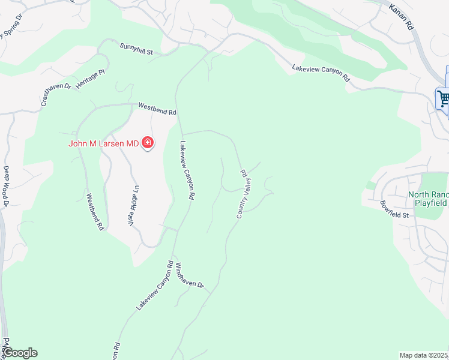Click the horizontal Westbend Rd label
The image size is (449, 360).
pyautogui.click(x=157, y=108)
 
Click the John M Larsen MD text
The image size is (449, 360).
pyautogui.click(x=103, y=143)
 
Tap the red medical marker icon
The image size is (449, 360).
pyautogui.click(x=148, y=143)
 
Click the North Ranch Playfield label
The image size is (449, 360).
pyautogui.click(x=428, y=199)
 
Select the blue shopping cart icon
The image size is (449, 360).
pyautogui.click(x=444, y=98)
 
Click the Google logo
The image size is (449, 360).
pyautogui.click(x=20, y=353)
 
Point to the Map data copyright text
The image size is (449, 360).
pyautogui.click(x=424, y=355)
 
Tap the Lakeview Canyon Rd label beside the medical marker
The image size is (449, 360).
pyautogui.click(x=188, y=170)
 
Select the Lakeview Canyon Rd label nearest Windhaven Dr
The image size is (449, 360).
pyautogui.click(x=154, y=285)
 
